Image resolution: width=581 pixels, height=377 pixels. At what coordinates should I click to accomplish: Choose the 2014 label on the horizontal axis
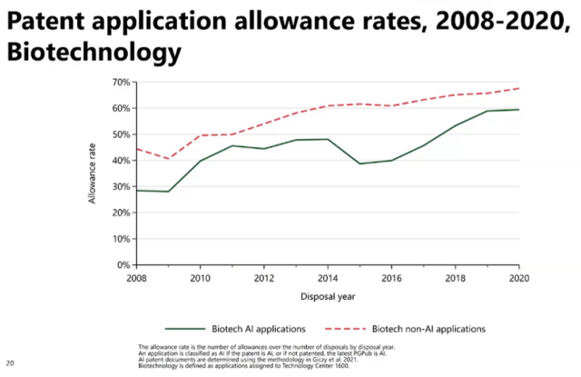pyautogui.click(x=328, y=277)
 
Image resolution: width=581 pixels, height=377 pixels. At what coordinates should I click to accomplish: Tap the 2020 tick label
pyautogui.click(x=519, y=277)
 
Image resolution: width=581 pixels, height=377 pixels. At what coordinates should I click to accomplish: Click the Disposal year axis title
pyautogui.click(x=327, y=296)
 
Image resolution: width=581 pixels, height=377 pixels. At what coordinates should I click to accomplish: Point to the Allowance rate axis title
pyautogui.click(x=93, y=173)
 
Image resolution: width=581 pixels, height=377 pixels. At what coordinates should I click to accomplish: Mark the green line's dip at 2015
pyautogui.click(x=359, y=164)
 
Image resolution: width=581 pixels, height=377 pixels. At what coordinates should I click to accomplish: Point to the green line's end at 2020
pyautogui.click(x=519, y=110)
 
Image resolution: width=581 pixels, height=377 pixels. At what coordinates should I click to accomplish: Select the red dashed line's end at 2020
pyautogui.click(x=519, y=88)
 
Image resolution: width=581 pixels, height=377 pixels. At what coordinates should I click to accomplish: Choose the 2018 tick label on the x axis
pyautogui.click(x=456, y=277)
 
